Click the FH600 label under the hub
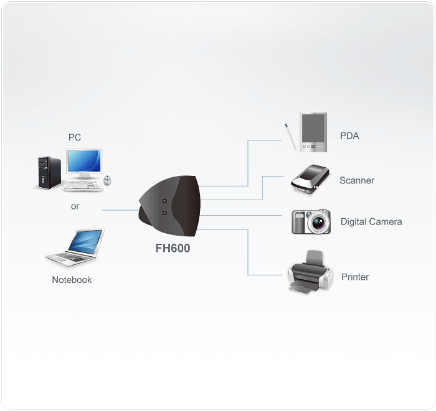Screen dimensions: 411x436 click(173, 248)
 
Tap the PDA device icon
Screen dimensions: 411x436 click(312, 132)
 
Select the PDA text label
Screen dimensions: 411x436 click(349, 136)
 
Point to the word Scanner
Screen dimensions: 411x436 click(357, 180)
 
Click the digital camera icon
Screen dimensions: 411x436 click(311, 221)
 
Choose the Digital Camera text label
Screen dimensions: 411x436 click(371, 221)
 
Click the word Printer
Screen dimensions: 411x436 click(355, 277)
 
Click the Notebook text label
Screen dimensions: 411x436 click(72, 280)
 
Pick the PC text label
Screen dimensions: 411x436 click(75, 137)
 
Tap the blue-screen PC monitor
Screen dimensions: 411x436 click(85, 162)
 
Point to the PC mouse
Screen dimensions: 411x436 click(107, 180)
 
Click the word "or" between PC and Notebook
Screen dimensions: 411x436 click(75, 206)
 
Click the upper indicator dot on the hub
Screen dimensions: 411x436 click(164, 200)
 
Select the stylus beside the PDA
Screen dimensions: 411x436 click(290, 136)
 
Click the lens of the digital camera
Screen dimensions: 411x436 click(320, 222)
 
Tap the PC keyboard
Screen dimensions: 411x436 click(83, 185)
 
